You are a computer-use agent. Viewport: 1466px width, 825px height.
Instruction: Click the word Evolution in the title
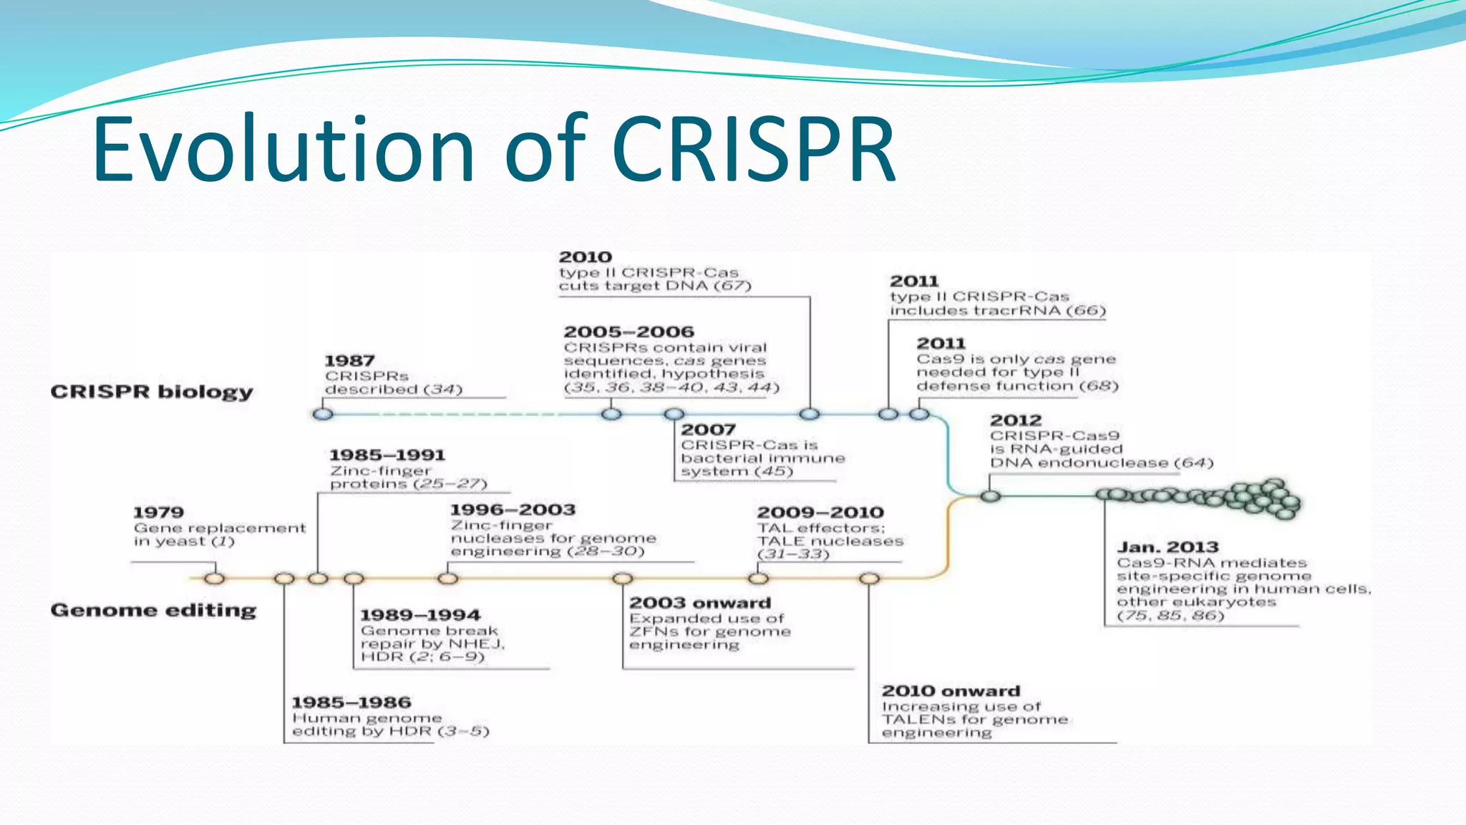pyautogui.click(x=283, y=150)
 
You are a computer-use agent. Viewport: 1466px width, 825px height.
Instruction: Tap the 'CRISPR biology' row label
pyautogui.click(x=152, y=392)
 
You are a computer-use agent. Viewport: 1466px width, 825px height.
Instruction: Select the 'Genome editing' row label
pyautogui.click(x=153, y=610)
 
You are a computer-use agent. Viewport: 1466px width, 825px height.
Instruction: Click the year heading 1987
pyautogui.click(x=349, y=361)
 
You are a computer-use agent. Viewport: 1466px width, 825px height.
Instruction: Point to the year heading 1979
pyautogui.click(x=158, y=513)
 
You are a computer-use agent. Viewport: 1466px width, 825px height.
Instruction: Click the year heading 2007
pyautogui.click(x=708, y=430)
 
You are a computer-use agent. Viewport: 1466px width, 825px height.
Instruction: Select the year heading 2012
pyautogui.click(x=1016, y=420)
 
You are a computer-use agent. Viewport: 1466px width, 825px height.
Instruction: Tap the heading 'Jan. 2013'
pyautogui.click(x=1168, y=547)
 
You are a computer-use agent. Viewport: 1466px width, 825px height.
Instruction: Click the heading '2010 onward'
pyautogui.click(x=951, y=691)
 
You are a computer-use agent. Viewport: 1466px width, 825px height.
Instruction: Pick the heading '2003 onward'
pyautogui.click(x=700, y=603)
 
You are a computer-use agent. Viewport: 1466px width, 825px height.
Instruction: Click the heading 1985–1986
pyautogui.click(x=351, y=703)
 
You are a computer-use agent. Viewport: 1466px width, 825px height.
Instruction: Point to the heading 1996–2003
pyautogui.click(x=513, y=510)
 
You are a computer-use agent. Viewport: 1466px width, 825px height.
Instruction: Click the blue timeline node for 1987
pyautogui.click(x=323, y=414)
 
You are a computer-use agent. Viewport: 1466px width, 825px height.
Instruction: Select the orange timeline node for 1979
pyautogui.click(x=214, y=578)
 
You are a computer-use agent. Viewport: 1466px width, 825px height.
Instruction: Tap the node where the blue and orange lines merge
pyautogui.click(x=990, y=496)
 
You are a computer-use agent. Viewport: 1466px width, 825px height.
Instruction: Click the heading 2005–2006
pyautogui.click(x=628, y=332)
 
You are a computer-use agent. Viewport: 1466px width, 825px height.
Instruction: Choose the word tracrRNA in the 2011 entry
pyautogui.click(x=1024, y=311)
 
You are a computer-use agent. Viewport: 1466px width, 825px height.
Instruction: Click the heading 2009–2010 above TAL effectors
pyautogui.click(x=820, y=513)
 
